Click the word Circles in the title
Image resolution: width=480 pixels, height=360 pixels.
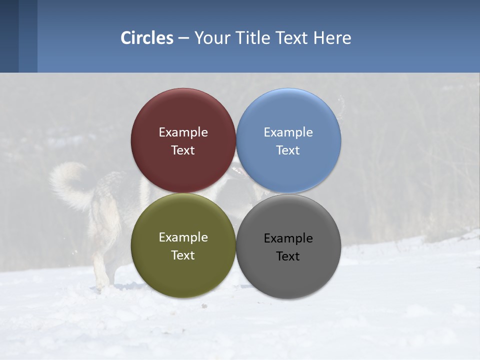point(147,38)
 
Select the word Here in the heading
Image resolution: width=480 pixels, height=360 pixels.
point(332,38)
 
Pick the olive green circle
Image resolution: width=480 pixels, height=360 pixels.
point(183,275)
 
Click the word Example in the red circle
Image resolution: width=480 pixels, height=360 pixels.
point(183,132)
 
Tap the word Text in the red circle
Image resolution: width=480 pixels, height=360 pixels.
point(183,150)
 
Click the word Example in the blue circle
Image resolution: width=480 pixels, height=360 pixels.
point(288,132)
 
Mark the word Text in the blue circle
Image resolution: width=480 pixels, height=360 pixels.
point(288,150)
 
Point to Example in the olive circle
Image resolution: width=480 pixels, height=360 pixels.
point(183,237)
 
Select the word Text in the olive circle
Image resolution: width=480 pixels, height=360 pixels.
point(183,255)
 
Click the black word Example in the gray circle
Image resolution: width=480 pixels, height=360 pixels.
point(288,238)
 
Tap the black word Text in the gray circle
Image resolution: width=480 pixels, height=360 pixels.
point(288,256)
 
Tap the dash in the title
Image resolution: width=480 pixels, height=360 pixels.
point(183,38)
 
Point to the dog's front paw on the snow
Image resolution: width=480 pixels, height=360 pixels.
point(102,286)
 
